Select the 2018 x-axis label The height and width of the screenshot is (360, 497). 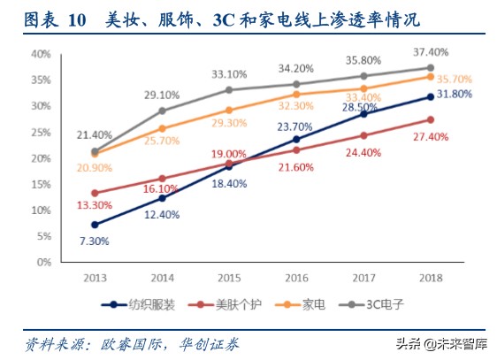pos(430,277)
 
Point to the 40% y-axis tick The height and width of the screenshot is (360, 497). pos(41,54)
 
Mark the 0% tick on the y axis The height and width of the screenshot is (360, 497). pos(43,263)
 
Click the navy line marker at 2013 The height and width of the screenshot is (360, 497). pos(94,225)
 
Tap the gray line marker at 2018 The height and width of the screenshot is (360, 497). pos(430,67)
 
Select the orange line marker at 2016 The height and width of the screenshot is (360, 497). pos(295,94)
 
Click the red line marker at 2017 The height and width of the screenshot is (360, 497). pos(363,135)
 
